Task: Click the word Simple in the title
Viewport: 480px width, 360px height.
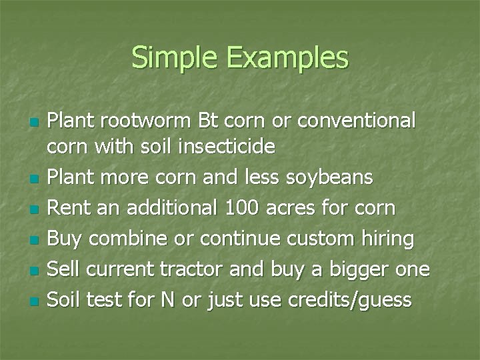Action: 177,58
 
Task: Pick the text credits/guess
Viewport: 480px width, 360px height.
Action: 349,300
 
